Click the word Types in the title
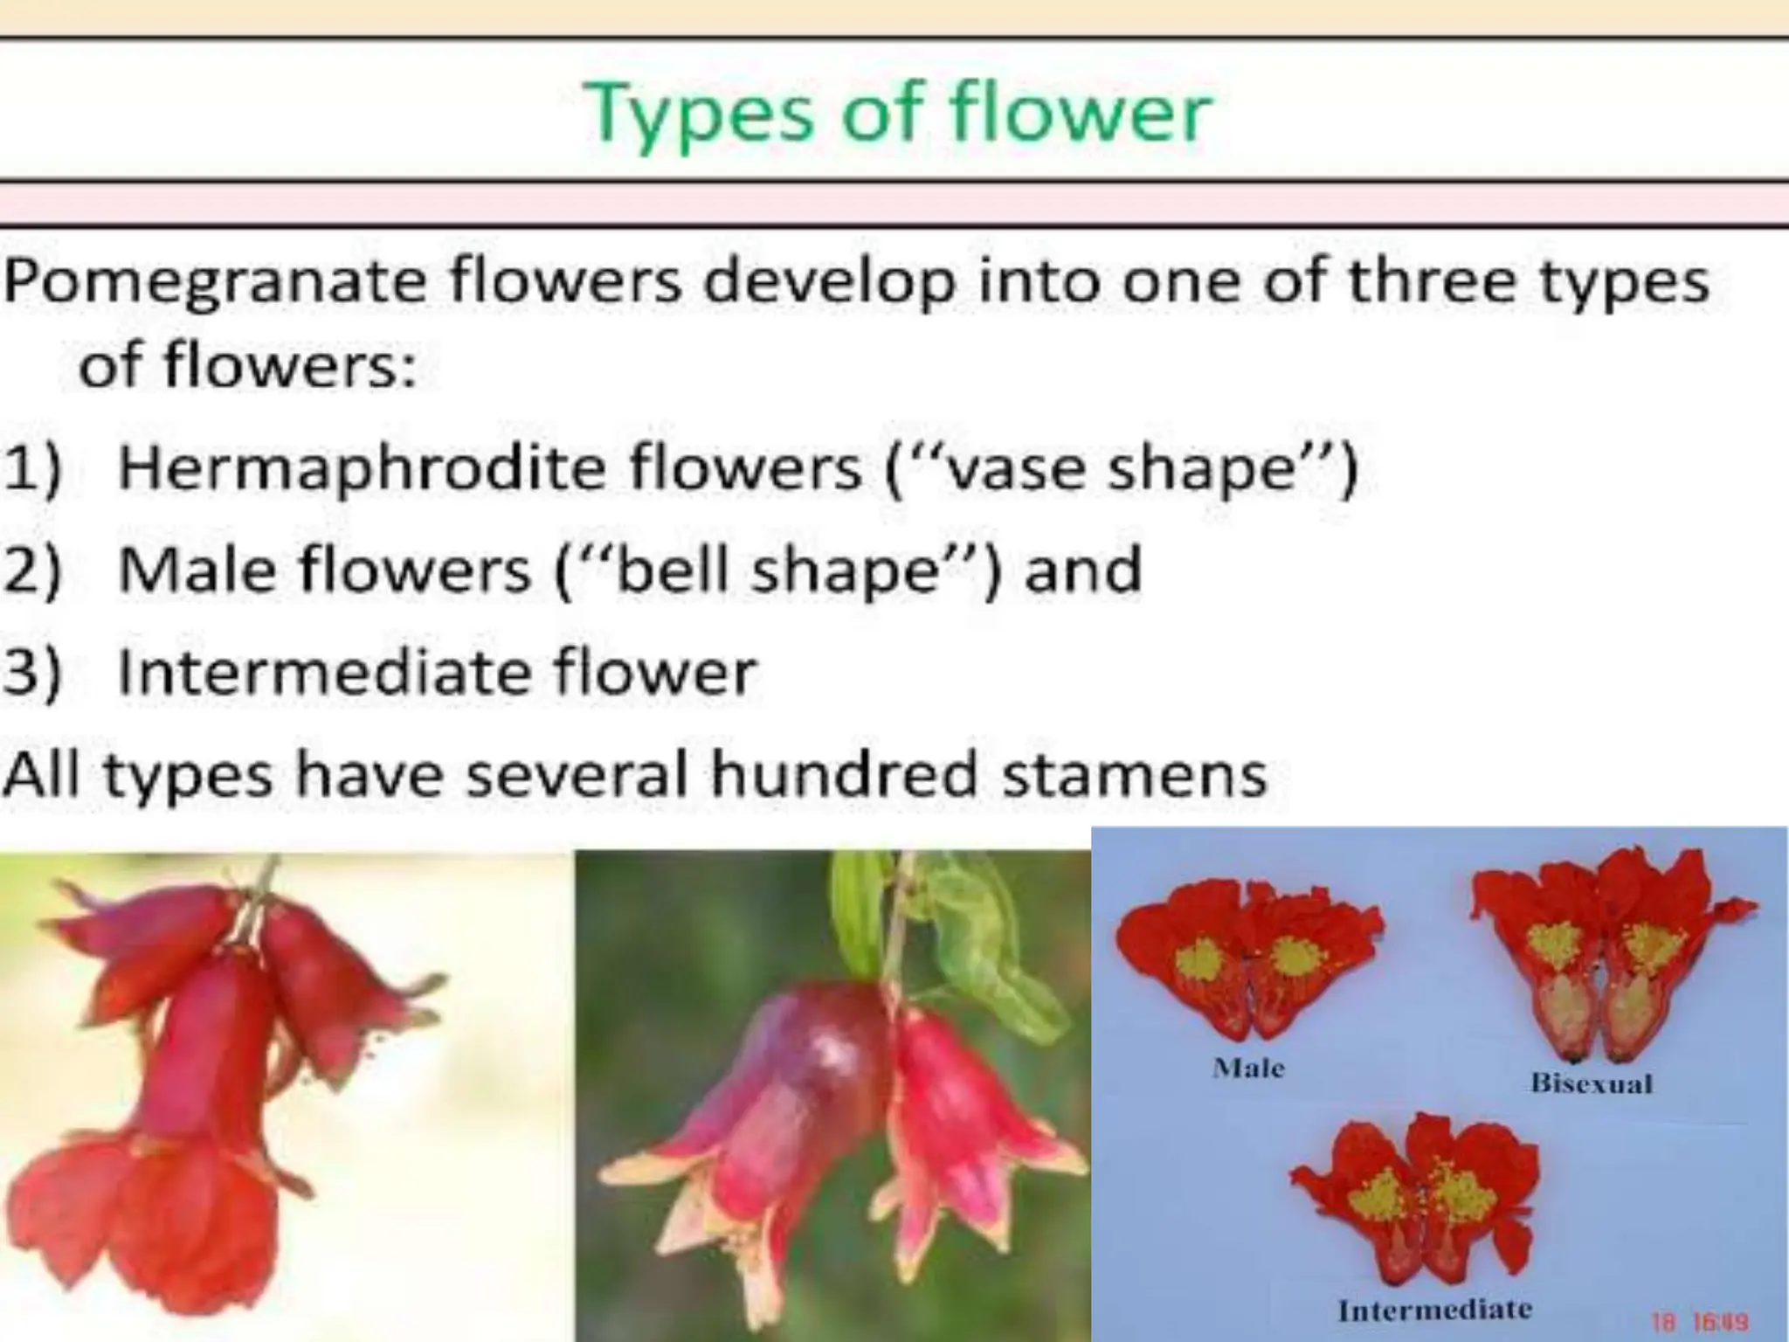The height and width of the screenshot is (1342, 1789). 699,114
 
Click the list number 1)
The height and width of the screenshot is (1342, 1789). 33,470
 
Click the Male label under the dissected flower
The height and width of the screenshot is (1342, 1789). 1248,1068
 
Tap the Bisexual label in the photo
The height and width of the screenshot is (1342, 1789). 1591,1083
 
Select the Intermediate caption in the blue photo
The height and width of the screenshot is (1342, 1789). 1434,1310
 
